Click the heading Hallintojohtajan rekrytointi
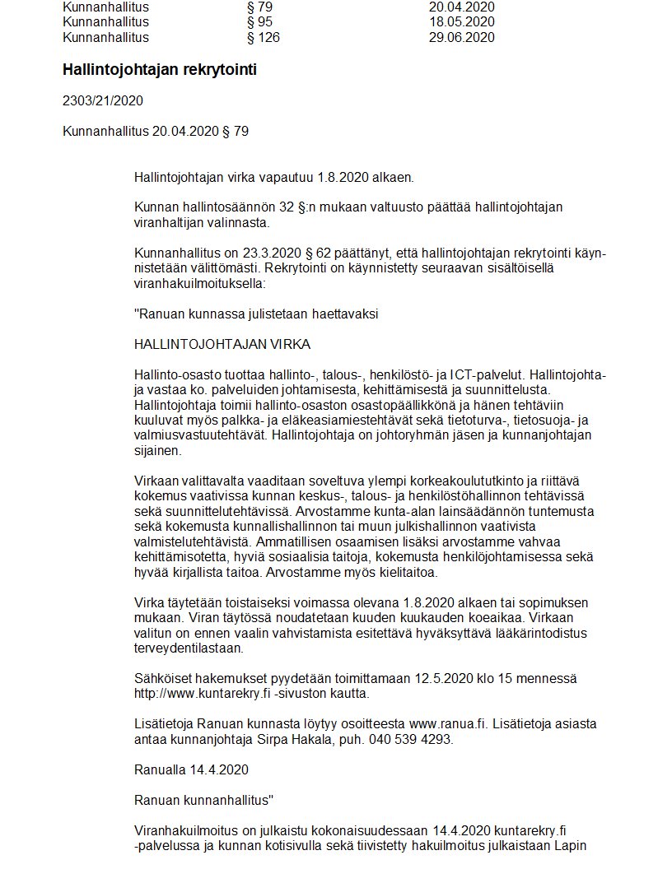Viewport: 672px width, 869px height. click(160, 70)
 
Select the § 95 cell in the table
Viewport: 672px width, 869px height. click(259, 21)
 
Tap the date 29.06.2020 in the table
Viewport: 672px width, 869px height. click(462, 37)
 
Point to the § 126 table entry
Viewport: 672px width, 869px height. click(263, 37)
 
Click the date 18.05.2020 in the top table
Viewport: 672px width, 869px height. click(462, 21)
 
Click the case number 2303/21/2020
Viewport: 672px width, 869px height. click(103, 101)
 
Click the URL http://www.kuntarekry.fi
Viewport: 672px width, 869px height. click(203, 694)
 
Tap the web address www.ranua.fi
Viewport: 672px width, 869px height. click(445, 724)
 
